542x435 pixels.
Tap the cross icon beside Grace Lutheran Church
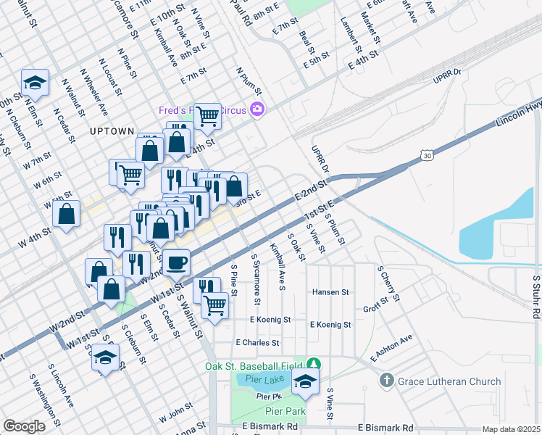(387, 381)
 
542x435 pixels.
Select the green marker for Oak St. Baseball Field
(313, 363)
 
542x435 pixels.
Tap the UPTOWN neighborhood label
(112, 131)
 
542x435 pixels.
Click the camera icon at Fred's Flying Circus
(257, 110)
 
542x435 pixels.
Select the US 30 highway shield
(427, 155)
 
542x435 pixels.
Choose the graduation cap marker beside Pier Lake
(305, 383)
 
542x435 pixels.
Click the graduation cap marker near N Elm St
(34, 83)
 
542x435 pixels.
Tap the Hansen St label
(330, 292)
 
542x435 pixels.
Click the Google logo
(24, 426)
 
